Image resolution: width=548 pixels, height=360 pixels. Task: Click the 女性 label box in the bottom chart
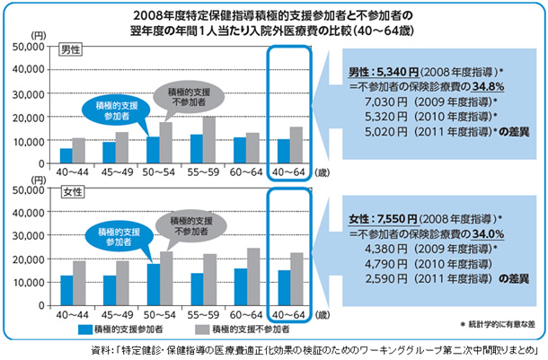pos(69,191)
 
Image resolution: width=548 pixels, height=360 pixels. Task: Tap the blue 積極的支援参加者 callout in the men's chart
pos(106,111)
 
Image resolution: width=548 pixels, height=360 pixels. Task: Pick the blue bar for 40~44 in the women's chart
pos(66,290)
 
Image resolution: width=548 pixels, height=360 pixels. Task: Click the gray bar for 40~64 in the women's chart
pos(296,279)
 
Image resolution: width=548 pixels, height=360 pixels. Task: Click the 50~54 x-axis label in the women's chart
pos(159,315)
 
